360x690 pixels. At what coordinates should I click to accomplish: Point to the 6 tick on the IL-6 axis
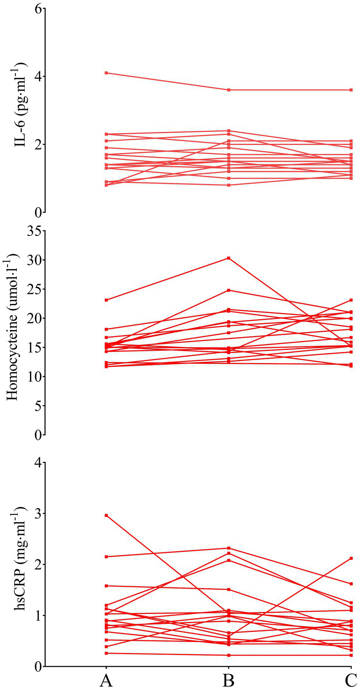pos(38,9)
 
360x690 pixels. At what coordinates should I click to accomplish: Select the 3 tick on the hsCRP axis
pos(38,514)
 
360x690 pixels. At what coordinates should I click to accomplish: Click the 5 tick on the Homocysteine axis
pos(38,406)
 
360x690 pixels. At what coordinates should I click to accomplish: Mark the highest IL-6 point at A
pos(106,73)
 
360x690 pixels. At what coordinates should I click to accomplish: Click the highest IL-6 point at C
pos(351,90)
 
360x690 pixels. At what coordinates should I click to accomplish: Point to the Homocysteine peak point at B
pos(228,258)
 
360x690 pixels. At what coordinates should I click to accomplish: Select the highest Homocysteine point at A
pos(106,300)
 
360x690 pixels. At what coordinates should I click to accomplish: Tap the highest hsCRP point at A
pos(106,515)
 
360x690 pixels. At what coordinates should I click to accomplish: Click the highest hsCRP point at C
pos(351,558)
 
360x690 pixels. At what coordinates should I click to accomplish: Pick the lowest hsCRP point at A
pos(106,653)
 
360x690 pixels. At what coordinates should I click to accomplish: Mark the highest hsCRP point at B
pos(228,548)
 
